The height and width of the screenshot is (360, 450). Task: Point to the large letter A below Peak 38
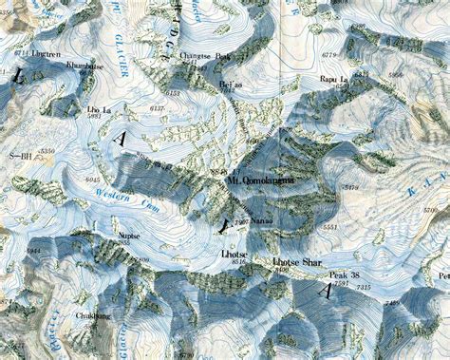click(x=328, y=294)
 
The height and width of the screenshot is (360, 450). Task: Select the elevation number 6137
click(x=158, y=110)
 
